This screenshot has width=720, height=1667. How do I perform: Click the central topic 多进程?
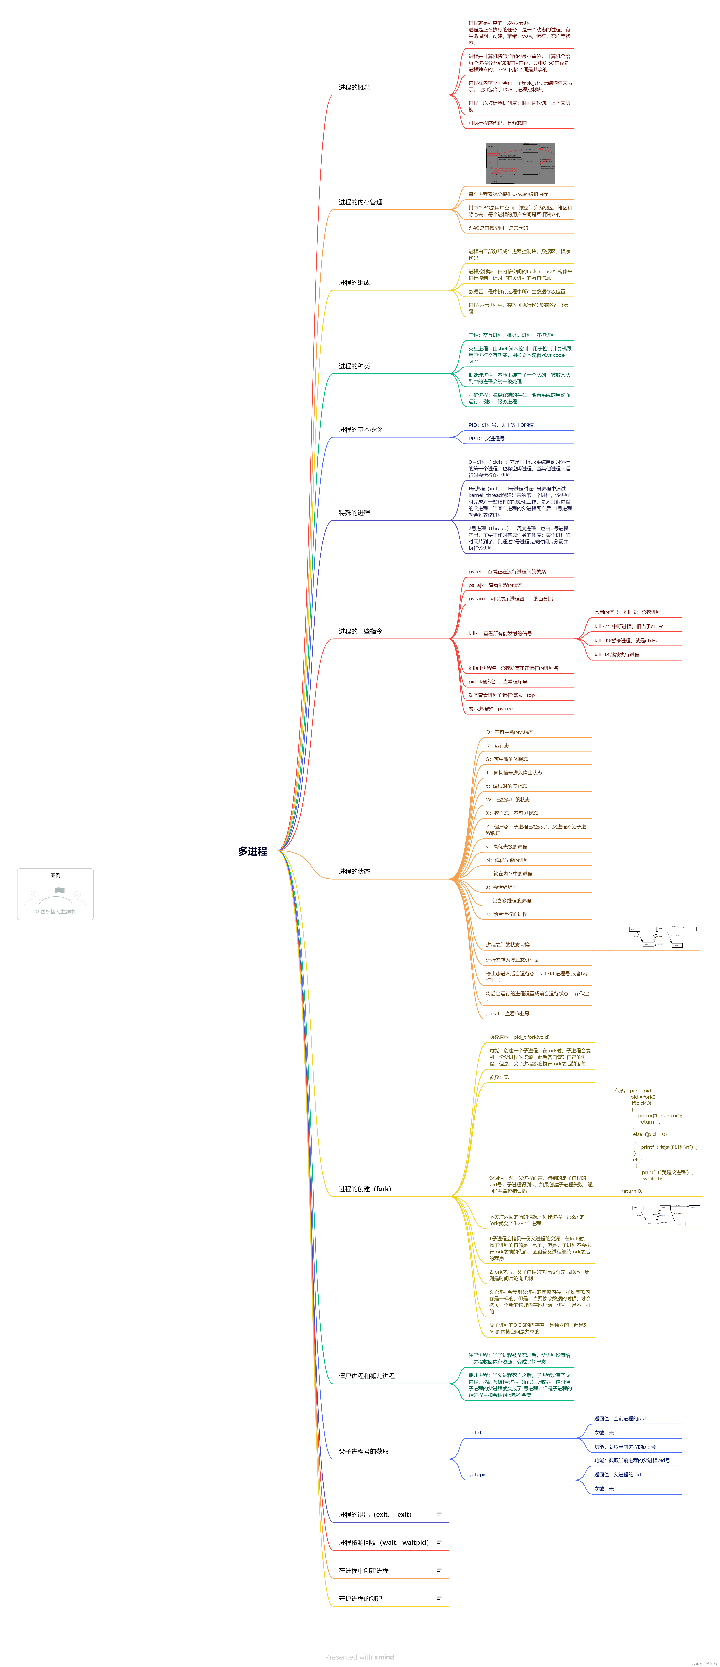coord(252,851)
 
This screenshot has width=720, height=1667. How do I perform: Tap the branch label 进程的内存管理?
coord(360,202)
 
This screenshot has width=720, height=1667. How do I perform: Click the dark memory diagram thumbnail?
coord(520,164)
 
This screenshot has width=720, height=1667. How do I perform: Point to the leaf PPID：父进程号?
coord(486,439)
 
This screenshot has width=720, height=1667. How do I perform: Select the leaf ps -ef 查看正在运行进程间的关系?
coord(506,572)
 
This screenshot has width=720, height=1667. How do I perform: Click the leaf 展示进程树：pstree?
coord(490,709)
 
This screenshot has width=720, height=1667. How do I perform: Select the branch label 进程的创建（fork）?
coord(365,1189)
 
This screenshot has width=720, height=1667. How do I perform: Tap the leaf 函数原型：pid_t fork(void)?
coord(519,1037)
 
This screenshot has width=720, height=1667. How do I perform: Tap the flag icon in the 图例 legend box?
coord(59,891)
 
